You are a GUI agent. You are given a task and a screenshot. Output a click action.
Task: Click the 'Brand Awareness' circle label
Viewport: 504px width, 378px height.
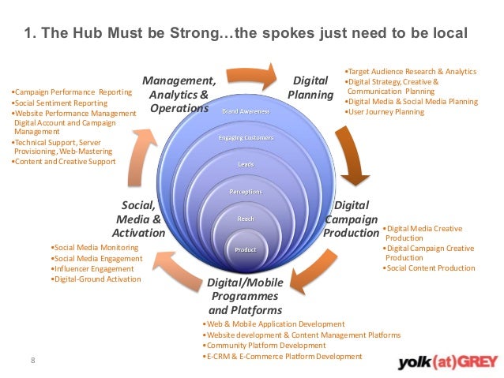[245, 111]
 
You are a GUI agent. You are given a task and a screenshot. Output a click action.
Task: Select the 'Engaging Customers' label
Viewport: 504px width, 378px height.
[245, 138]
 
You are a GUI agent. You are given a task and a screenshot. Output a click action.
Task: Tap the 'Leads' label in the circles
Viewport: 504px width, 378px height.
[245, 165]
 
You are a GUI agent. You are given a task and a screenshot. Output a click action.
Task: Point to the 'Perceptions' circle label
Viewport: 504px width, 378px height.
[245, 192]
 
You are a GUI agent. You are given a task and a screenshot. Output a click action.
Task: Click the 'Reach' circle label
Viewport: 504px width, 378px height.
[245, 218]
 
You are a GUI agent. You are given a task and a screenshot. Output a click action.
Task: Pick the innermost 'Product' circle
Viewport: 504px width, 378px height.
[245, 250]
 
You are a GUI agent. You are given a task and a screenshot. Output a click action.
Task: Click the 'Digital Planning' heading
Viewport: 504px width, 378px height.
[310, 88]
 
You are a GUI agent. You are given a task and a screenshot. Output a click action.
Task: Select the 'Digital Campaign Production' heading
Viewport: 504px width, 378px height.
[351, 219]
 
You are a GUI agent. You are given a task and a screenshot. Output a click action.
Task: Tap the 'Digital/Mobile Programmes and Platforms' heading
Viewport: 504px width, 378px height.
[244, 296]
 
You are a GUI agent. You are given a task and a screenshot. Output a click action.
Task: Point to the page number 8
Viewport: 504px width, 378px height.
[32, 361]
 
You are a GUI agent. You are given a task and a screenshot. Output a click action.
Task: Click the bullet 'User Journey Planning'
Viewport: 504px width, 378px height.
[386, 112]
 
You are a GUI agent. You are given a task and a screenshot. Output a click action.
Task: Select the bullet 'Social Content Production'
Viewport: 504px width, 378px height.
[431, 268]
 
